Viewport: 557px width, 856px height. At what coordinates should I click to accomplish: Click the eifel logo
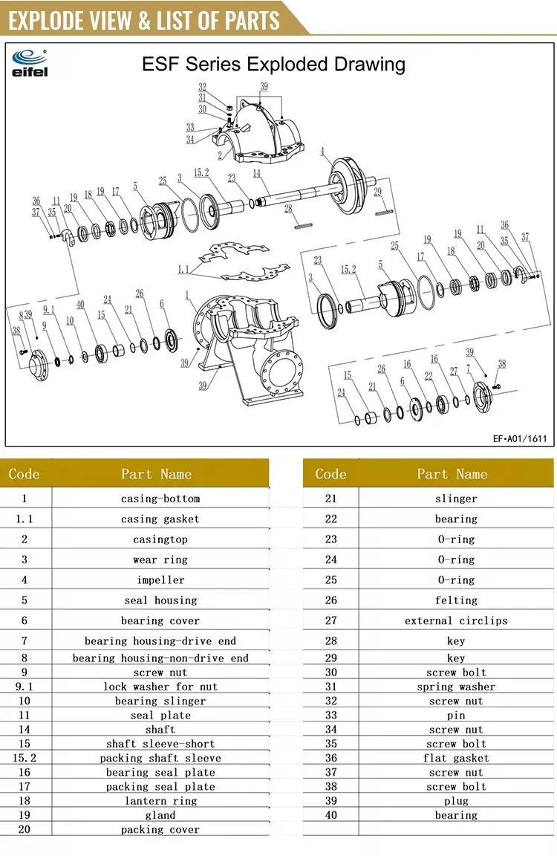click(x=29, y=62)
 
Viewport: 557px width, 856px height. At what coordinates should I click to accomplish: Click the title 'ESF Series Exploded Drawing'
click(x=273, y=64)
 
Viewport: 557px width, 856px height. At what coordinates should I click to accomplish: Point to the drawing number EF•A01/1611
click(x=519, y=438)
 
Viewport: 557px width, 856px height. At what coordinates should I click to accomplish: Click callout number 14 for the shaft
click(x=257, y=174)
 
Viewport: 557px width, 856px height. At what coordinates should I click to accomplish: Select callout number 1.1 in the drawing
click(x=183, y=270)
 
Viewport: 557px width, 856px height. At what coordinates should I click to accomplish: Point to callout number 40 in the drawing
click(x=80, y=305)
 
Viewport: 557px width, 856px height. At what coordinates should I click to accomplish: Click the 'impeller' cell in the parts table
click(x=160, y=580)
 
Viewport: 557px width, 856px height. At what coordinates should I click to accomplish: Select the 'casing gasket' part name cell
click(x=160, y=519)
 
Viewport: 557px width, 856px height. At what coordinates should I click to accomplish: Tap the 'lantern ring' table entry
click(x=160, y=800)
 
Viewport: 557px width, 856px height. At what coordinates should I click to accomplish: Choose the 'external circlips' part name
click(x=456, y=620)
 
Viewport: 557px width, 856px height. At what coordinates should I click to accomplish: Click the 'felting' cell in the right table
click(x=456, y=600)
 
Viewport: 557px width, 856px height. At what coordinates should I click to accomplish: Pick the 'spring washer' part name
click(x=456, y=687)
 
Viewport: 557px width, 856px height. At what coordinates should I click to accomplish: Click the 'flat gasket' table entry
click(x=456, y=758)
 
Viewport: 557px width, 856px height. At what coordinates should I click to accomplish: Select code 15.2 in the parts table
click(x=25, y=758)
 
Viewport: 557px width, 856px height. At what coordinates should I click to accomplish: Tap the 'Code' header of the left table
click(x=25, y=474)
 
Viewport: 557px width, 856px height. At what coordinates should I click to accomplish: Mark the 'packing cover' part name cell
click(x=160, y=829)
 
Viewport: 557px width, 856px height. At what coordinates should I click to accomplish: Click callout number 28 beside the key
click(x=289, y=210)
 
